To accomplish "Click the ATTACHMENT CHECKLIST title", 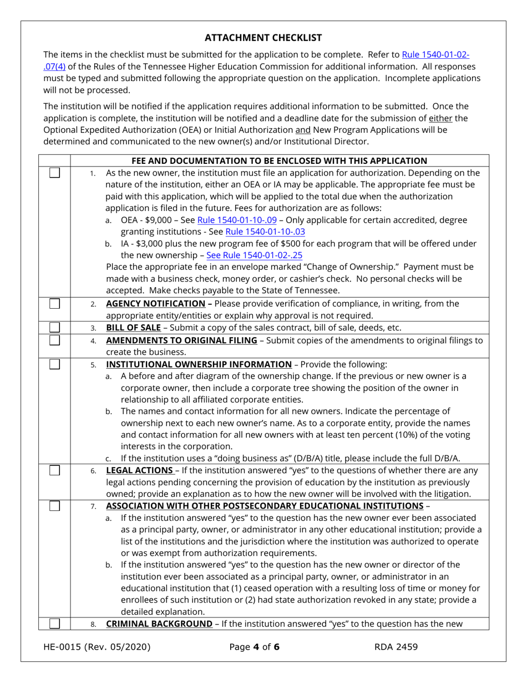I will point(263,38).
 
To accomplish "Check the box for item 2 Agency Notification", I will point(55,304).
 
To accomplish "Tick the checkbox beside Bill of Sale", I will point(55,327).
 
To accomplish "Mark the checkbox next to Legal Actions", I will point(55,471).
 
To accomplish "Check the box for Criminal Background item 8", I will point(55,624).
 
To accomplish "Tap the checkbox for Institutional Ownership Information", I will point(55,364).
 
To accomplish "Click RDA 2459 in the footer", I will point(396,646).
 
